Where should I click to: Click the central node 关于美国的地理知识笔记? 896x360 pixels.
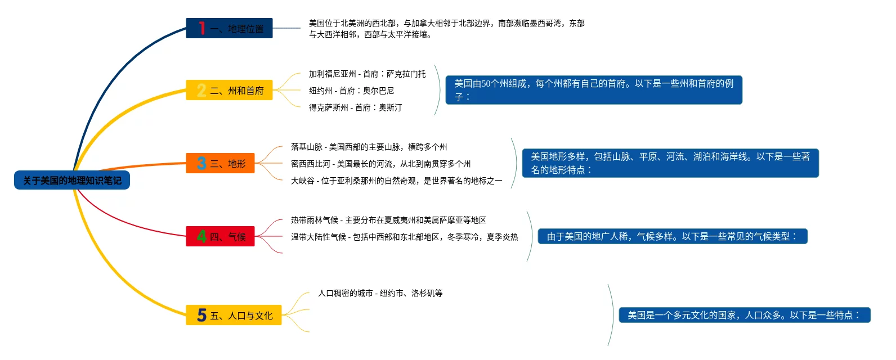pos(72,181)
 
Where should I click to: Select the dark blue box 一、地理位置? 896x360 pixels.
pos(229,28)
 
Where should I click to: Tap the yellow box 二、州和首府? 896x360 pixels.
pos(229,90)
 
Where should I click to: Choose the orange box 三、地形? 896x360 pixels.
pos(220,163)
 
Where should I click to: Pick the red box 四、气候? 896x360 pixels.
pos(220,236)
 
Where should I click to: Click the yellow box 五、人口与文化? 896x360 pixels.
pos(234,315)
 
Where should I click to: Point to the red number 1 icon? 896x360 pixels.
pos(201,28)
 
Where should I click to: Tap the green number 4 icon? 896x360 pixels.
pos(201,236)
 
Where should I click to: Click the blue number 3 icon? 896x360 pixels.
pos(201,163)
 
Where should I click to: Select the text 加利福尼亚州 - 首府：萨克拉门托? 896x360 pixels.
pos(367,74)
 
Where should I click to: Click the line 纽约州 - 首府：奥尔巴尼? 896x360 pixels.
pos(351,91)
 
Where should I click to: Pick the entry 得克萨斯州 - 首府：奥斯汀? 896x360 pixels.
pos(355,107)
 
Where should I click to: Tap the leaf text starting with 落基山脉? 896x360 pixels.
pos(369,147)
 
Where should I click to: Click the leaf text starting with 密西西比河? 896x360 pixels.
pos(380,164)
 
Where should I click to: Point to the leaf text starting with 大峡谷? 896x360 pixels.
pos(396,181)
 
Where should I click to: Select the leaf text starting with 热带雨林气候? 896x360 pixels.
pos(388,220)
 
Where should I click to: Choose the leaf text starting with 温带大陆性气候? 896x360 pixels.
pos(404,237)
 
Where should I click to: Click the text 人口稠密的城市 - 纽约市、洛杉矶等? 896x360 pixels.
pos(380,293)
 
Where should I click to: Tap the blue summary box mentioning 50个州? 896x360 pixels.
pos(594,90)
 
